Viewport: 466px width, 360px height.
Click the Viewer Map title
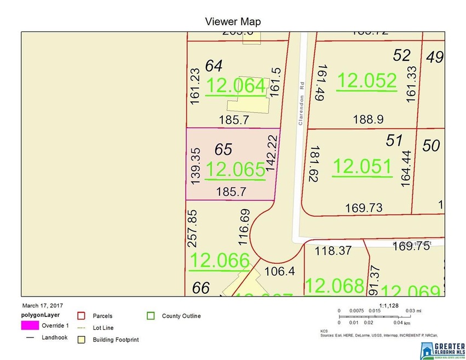[x=233, y=22]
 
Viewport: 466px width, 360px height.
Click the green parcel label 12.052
[x=366, y=80]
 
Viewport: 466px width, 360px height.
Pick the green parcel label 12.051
[x=363, y=166]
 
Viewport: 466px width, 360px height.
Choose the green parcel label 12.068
[x=334, y=285]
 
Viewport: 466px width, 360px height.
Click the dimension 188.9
[x=361, y=119]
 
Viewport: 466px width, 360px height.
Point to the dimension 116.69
[x=244, y=226]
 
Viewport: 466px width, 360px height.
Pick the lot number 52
[x=402, y=55]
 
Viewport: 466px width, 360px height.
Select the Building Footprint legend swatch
[x=81, y=340]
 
